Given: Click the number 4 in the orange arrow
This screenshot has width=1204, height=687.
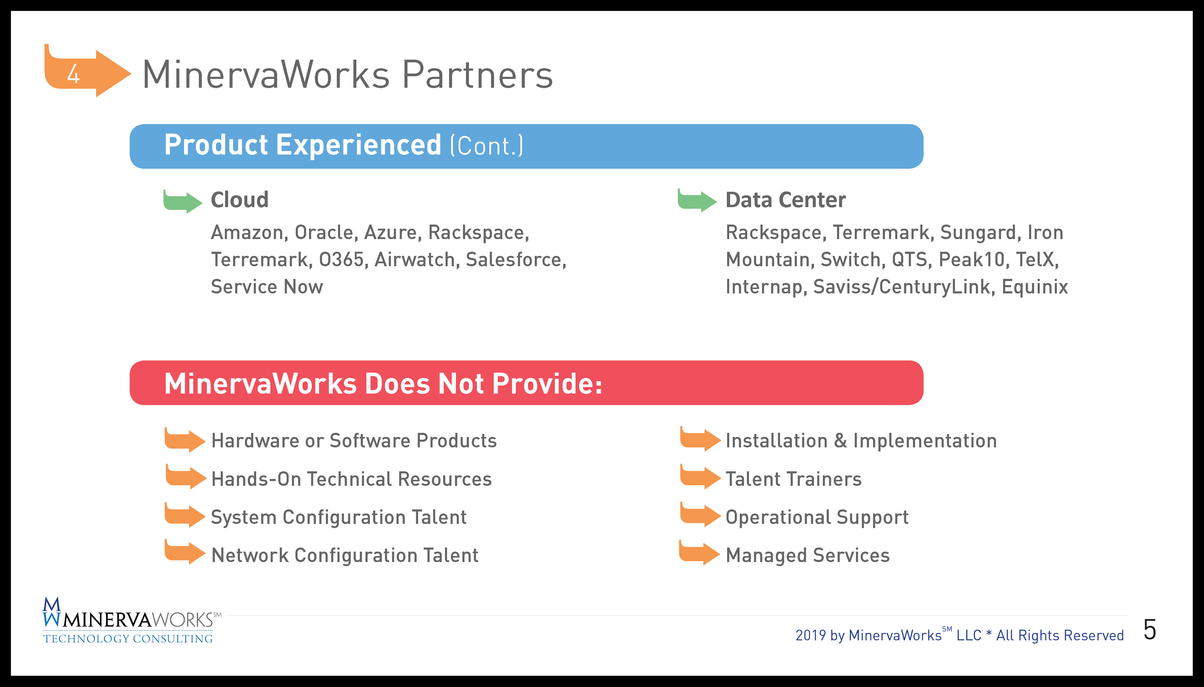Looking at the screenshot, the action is pyautogui.click(x=73, y=74).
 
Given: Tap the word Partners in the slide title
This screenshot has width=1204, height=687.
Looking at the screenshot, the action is pyautogui.click(x=478, y=75).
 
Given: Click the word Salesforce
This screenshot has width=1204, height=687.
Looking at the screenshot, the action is pyautogui.click(x=516, y=260).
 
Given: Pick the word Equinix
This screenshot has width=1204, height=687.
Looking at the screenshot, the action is pyautogui.click(x=1035, y=287).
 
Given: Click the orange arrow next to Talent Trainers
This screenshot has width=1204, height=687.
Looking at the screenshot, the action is pyautogui.click(x=700, y=477).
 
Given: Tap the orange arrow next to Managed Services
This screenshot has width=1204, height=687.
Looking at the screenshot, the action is pyautogui.click(x=699, y=552).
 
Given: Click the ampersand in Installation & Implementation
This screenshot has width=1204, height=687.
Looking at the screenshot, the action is pyautogui.click(x=840, y=441).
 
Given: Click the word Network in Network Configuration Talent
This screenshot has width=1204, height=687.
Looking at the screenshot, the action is pyautogui.click(x=250, y=555).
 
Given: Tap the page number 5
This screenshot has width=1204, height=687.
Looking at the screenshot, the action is pyautogui.click(x=1150, y=630).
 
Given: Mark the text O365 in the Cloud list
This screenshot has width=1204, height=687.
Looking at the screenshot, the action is pyautogui.click(x=341, y=260).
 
